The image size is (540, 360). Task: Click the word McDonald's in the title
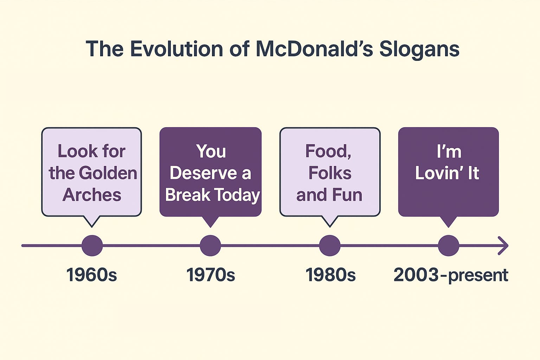315,49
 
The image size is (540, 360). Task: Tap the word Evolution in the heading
176,49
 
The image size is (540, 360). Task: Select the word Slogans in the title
419,50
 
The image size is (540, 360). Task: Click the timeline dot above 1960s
92,245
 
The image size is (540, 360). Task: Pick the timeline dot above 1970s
211,245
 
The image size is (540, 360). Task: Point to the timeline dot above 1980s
330,245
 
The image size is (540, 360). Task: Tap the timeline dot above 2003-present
448,245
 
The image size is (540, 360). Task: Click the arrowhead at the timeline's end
504,245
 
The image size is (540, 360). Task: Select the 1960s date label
92,275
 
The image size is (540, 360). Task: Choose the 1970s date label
211,275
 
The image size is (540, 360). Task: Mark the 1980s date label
330,275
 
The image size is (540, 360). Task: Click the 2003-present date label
451,275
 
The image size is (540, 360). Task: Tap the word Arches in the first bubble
92,194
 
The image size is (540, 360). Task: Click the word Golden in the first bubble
108,173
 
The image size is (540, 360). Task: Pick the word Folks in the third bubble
330,173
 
